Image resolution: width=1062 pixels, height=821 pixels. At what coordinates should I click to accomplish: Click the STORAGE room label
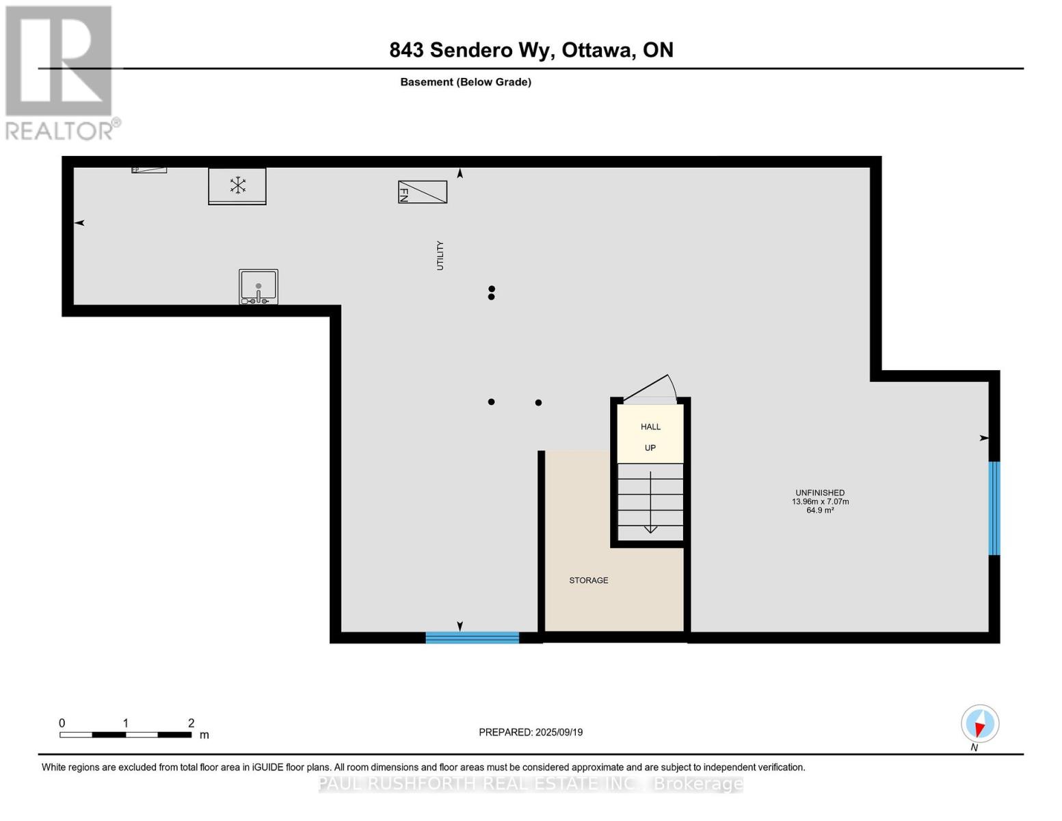[x=588, y=580]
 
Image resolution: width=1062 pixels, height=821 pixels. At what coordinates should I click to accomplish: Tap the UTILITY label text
[x=440, y=255]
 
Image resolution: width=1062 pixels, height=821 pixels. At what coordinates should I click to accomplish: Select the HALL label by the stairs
[x=650, y=427]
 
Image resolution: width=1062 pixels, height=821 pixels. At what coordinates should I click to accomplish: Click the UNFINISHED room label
[x=819, y=493]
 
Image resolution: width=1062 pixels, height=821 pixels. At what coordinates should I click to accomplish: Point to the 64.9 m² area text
[x=819, y=510]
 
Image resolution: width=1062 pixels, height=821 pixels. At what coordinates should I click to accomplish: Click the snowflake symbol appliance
[x=237, y=185]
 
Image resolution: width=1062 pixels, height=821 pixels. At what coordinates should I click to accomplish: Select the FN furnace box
[x=423, y=192]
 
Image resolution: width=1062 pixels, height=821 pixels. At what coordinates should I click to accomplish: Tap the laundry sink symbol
[x=258, y=287]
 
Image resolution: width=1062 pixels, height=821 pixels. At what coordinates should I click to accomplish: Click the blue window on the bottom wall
[x=472, y=638]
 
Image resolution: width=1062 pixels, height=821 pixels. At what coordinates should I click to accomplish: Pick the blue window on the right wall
[x=994, y=508]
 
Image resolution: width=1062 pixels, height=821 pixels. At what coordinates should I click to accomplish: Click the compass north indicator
[x=980, y=724]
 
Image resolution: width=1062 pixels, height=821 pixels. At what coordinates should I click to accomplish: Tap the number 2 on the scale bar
[x=191, y=723]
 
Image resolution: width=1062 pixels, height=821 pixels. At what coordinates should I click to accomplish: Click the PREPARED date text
[x=531, y=732]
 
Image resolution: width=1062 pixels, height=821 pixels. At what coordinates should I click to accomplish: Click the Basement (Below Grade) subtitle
[x=466, y=82]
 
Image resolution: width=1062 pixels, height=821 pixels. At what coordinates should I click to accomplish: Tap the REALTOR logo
[x=60, y=73]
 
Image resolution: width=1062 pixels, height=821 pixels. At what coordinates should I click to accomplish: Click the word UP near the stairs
[x=650, y=448]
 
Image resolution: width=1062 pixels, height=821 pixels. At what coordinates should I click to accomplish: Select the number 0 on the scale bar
[x=62, y=723]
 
